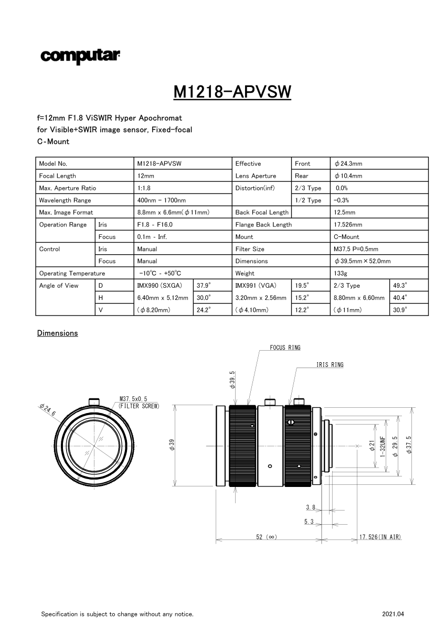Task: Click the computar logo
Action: coord(80,57)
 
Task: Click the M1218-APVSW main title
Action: coord(232,92)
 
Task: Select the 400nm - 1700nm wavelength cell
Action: coord(161,200)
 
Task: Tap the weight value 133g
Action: coord(340,273)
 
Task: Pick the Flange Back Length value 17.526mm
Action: coord(348,225)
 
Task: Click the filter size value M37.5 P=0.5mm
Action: coord(356,249)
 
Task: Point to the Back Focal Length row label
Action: coord(262,213)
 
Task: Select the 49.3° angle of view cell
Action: coord(400,286)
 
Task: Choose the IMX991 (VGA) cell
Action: coord(256,286)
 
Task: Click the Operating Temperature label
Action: coord(72,274)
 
